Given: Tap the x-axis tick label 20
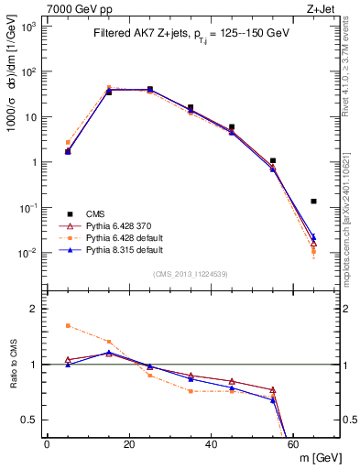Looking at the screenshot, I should (x=129, y=444).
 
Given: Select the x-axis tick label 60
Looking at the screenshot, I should (x=294, y=444).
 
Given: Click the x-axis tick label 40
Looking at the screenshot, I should (x=212, y=444).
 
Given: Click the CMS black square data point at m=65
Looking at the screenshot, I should (x=314, y=201).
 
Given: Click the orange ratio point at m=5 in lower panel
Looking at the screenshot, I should (x=68, y=325).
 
